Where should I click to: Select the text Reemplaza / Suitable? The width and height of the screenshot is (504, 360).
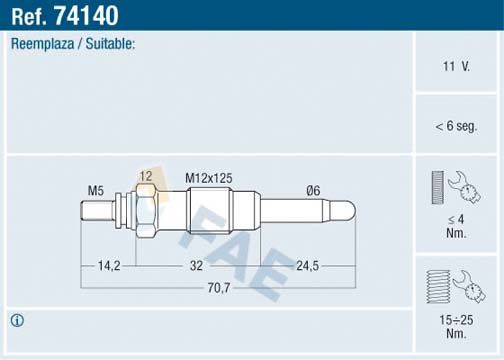(72, 45)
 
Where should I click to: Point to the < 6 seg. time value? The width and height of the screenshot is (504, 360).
(457, 125)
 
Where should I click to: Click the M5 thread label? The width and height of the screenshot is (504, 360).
(96, 190)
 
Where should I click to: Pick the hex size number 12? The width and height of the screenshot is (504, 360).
(146, 177)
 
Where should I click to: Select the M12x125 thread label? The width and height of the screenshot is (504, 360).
(209, 177)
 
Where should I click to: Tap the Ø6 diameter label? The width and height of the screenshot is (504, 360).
(313, 190)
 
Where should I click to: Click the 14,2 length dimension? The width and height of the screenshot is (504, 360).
(109, 266)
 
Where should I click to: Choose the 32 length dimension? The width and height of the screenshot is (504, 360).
(196, 266)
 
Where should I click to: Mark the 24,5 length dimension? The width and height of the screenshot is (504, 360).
(308, 266)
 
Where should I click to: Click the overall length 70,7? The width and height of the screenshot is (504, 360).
(218, 288)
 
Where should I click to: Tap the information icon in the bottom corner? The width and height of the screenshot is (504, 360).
(17, 321)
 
